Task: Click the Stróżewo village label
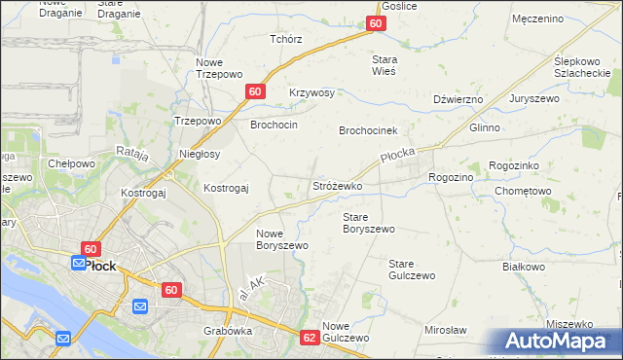coord(337,185)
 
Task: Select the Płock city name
coord(100,265)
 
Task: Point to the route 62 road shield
coord(310,338)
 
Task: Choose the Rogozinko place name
coord(521,166)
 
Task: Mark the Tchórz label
coord(286,40)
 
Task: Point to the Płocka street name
coord(399,156)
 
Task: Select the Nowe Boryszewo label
coord(281,239)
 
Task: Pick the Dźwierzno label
coord(458,99)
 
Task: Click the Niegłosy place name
coord(201,154)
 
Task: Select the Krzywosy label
coord(311,93)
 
